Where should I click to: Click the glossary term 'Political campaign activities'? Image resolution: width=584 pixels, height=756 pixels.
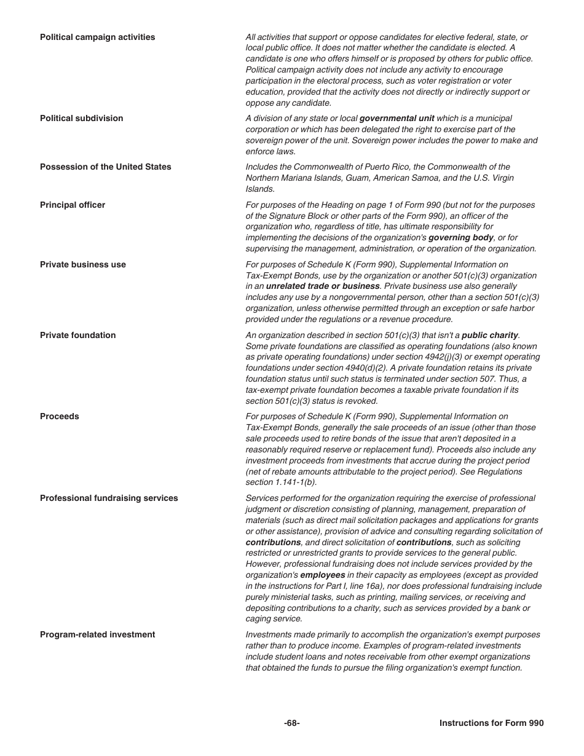click(x=97, y=37)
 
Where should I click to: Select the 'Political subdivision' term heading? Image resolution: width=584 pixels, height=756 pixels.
click(x=81, y=119)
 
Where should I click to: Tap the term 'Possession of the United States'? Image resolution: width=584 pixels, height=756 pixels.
click(x=105, y=167)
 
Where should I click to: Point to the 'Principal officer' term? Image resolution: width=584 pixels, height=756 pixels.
click(x=73, y=205)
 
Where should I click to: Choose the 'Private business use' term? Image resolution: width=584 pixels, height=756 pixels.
click(x=82, y=265)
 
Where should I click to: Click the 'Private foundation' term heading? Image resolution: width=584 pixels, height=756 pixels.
click(x=77, y=336)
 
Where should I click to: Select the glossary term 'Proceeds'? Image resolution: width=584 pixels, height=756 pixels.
click(x=59, y=417)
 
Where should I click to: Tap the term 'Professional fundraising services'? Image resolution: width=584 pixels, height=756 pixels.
click(x=109, y=498)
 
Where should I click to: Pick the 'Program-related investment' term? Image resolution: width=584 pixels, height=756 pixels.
click(x=97, y=635)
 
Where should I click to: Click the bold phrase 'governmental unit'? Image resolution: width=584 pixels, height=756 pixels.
click(x=397, y=119)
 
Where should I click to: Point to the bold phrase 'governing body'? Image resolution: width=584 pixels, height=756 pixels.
click(x=460, y=238)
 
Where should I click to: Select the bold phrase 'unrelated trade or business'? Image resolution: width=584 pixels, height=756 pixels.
click(x=322, y=286)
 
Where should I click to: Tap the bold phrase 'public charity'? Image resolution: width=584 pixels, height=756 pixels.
click(x=490, y=336)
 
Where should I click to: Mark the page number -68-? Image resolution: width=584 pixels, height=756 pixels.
click(x=292, y=723)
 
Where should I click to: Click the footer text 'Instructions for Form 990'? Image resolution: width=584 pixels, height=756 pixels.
click(x=491, y=723)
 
